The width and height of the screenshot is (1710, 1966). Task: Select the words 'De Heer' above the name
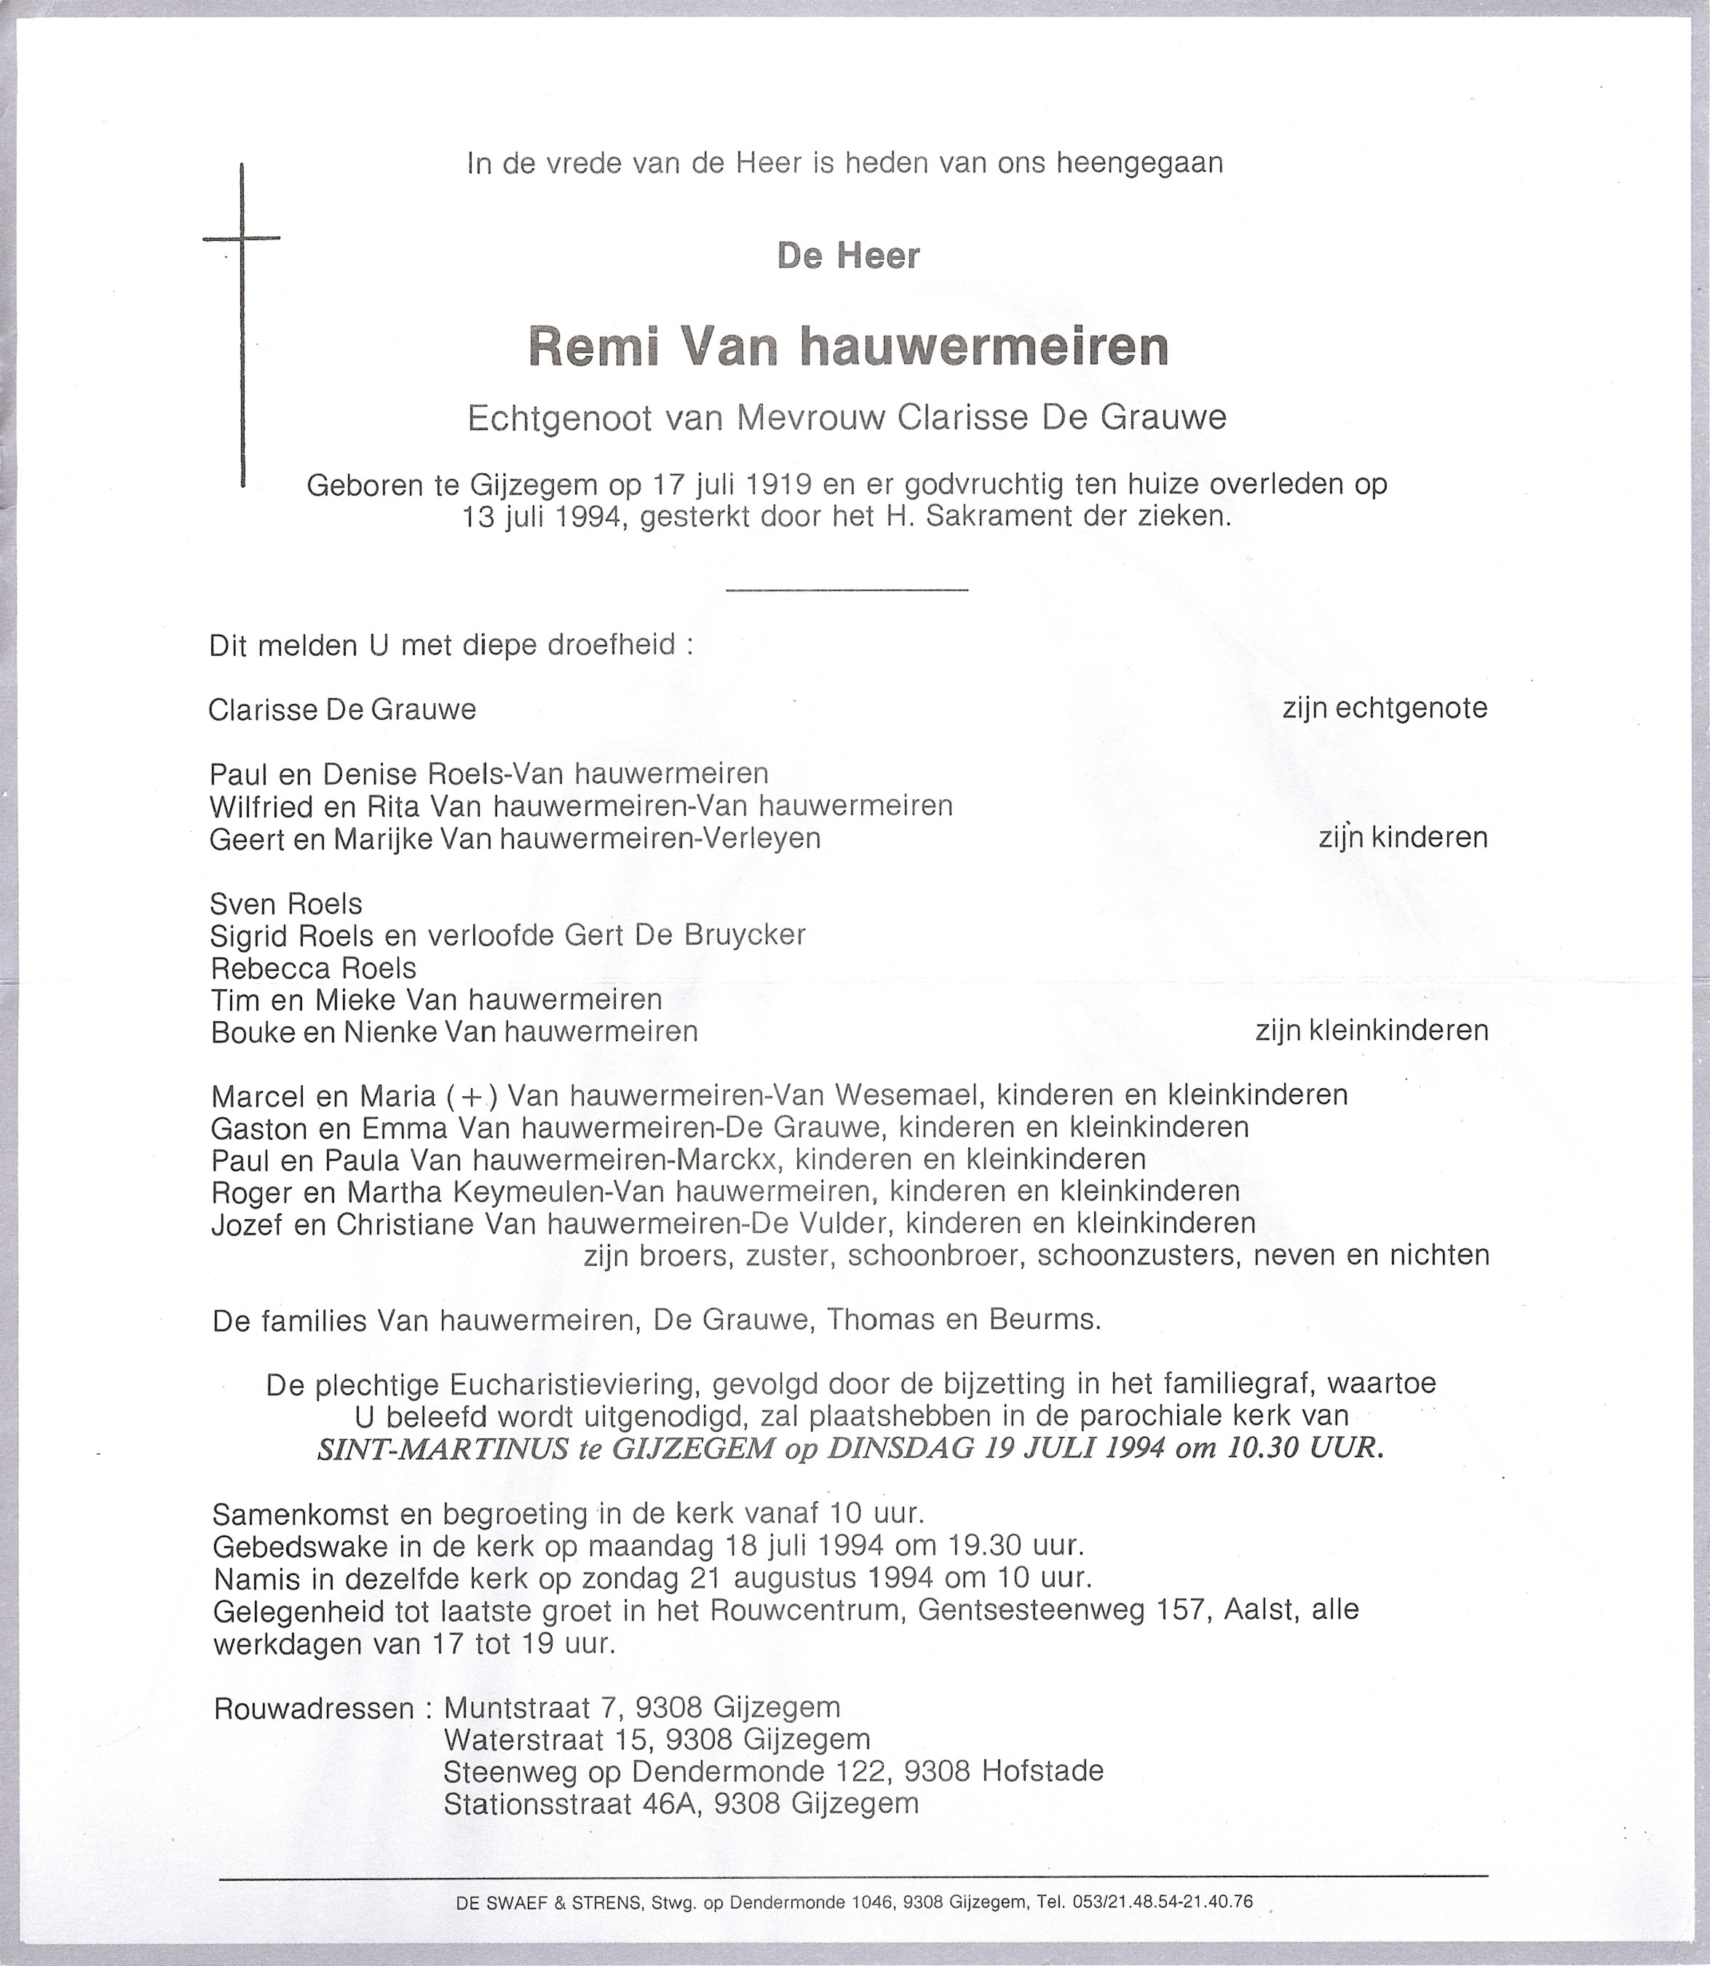(848, 255)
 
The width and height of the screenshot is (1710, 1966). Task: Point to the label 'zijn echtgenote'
(1385, 707)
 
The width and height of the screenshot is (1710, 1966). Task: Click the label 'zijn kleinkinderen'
(1372, 1030)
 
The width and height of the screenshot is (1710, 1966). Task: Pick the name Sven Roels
(286, 903)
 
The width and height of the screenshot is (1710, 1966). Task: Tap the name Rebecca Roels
(314, 968)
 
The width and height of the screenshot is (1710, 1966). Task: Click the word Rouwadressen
(314, 1708)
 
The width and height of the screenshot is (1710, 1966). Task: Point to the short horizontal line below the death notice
(847, 590)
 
